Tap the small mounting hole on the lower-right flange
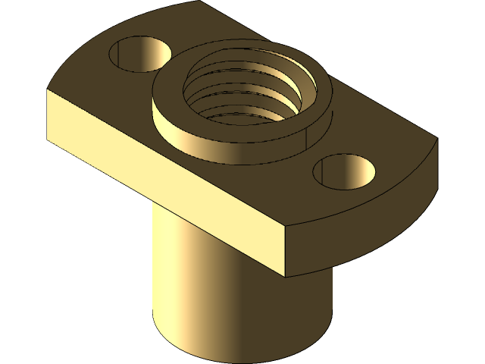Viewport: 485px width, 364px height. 345,172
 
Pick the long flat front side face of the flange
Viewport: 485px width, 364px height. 167,174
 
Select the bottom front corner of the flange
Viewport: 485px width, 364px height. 286,275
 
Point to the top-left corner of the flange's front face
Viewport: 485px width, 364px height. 48,90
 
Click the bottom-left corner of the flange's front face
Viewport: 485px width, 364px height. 48,140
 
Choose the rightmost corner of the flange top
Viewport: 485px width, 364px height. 437,141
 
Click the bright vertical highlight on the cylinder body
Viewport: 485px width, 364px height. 171,273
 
